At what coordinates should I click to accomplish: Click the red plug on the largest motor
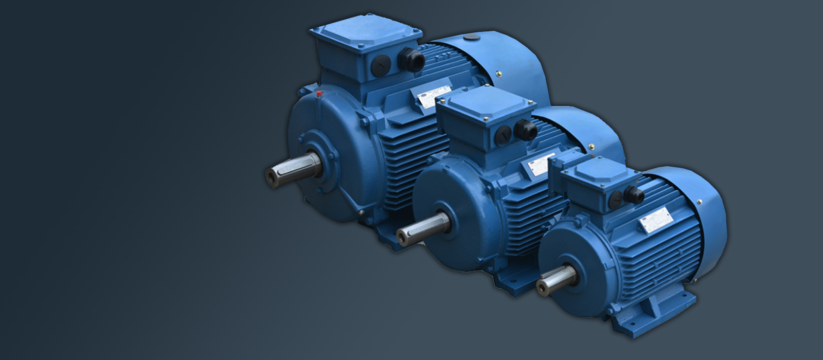[x=319, y=94]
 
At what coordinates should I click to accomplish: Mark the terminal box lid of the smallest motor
[x=597, y=170]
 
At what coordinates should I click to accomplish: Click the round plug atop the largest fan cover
[x=471, y=38]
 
